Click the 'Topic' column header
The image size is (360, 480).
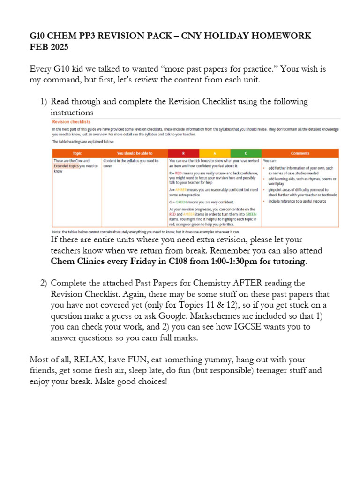[77, 153]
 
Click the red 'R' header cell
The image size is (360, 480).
[183, 153]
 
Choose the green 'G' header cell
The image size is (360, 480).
[246, 153]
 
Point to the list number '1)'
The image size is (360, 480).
[42, 101]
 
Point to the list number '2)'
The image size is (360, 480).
[42, 283]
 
